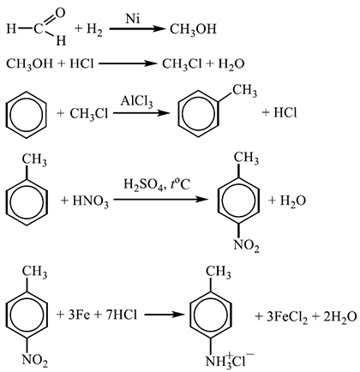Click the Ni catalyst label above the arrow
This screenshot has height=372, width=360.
pos(133,19)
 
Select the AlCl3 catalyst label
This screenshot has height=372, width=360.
pos(136,101)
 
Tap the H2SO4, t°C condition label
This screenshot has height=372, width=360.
pos(157,185)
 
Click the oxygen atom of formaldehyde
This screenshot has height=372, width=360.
pos(61,12)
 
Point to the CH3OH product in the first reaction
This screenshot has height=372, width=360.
pos(193,30)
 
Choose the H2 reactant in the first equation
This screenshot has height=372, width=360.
pos(94,30)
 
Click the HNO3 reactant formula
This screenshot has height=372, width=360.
pos(90,201)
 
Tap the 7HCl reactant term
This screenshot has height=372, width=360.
pos(121,315)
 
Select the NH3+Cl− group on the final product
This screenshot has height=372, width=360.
pos(230,361)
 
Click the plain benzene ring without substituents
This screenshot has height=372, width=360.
pos(26,115)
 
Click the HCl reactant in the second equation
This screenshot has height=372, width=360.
pos(81,63)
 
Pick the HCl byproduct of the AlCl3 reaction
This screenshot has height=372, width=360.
pos(285,113)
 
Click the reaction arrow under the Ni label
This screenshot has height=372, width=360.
pos(137,29)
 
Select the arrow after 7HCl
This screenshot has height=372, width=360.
pos(164,315)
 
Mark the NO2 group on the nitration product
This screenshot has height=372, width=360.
pos(246,246)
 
